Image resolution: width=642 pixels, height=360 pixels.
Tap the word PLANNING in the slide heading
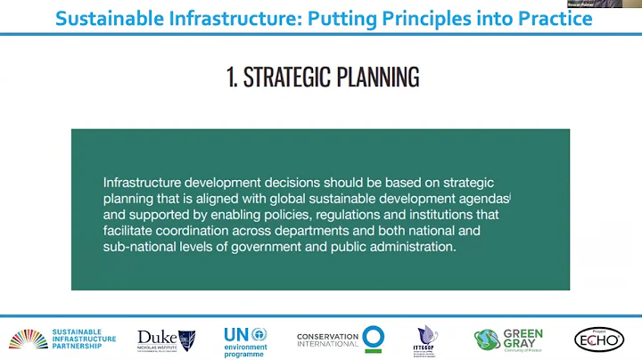377,78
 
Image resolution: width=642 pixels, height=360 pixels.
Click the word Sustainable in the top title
108,19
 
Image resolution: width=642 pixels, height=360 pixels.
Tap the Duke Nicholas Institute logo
166,340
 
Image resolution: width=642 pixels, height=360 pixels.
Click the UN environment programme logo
245,340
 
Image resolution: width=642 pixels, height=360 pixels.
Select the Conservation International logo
341,339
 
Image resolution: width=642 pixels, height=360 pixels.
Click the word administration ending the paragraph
407,247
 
